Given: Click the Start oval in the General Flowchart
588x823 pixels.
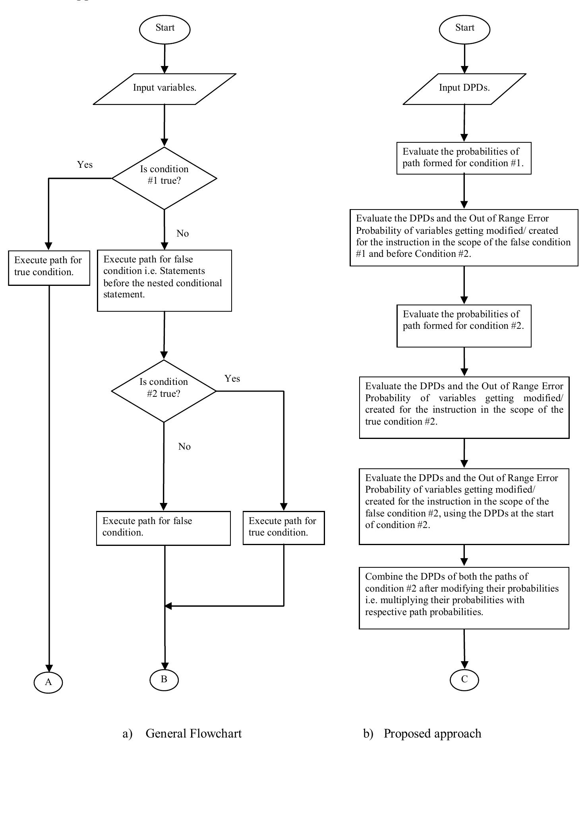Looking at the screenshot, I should point(164,29).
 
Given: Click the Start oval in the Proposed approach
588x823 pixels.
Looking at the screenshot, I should point(464,29).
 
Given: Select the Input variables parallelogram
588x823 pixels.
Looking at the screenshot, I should point(164,89).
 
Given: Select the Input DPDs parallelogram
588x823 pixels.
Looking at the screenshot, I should point(464,89).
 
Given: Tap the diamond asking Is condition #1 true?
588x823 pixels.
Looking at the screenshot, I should point(164,178).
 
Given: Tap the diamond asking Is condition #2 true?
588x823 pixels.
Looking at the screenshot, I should point(164,390).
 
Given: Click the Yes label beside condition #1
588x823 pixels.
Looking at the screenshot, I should point(85,165).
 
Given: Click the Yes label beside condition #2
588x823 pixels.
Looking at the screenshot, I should point(232,379).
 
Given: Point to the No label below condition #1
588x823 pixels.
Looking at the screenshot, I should point(182,233).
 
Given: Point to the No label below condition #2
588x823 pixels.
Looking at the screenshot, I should point(184,446).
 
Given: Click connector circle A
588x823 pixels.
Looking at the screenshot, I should point(48,682).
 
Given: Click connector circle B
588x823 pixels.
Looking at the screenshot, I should point(164,679).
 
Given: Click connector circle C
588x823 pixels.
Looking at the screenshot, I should point(464,679).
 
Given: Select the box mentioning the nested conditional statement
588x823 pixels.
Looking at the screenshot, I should point(164,280).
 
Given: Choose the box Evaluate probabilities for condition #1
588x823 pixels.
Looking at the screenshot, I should point(464,158).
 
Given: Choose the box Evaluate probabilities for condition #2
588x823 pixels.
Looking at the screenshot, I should point(464,326).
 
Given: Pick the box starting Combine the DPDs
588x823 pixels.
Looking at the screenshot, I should point(464,598).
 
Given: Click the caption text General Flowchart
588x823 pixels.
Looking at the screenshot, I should point(193,734).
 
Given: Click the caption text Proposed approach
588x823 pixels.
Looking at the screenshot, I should point(432,734).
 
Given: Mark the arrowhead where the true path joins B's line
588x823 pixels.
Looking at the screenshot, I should point(168,606).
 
